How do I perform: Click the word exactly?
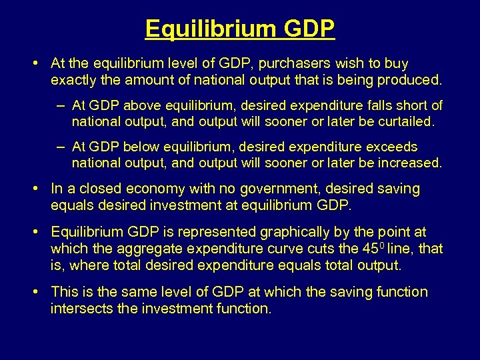pyautogui.click(x=72, y=81)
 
